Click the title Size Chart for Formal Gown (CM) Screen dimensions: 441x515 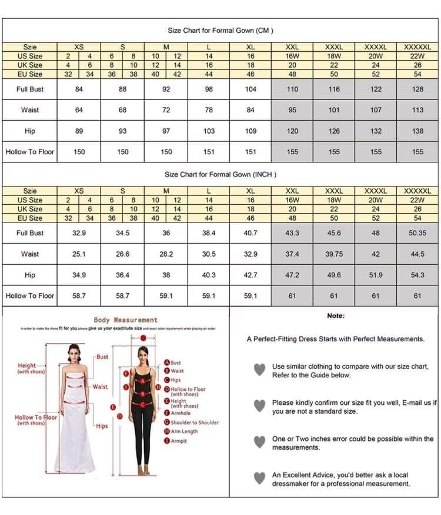click(x=220, y=31)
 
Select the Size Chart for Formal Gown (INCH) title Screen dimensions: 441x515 click(x=220, y=174)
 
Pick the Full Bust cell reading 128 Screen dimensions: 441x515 click(x=417, y=89)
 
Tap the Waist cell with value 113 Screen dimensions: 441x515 click(x=417, y=110)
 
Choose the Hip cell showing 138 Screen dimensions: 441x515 click(x=417, y=131)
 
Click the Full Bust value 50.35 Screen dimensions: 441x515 click(x=417, y=233)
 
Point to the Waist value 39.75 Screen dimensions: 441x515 click(x=334, y=254)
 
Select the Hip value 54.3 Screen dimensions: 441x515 click(x=417, y=275)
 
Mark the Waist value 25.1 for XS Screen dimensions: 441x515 click(x=79, y=254)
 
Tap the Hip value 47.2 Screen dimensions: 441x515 click(x=292, y=275)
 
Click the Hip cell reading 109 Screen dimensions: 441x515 click(x=250, y=131)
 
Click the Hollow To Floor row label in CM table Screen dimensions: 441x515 click(x=30, y=152)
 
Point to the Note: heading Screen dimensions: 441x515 click(x=336, y=316)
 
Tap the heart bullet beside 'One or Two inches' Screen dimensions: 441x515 click(x=259, y=441)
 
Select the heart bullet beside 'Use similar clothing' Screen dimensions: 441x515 click(x=259, y=370)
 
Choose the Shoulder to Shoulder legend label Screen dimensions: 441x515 click(x=195, y=423)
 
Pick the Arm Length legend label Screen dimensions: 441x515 click(x=185, y=431)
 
